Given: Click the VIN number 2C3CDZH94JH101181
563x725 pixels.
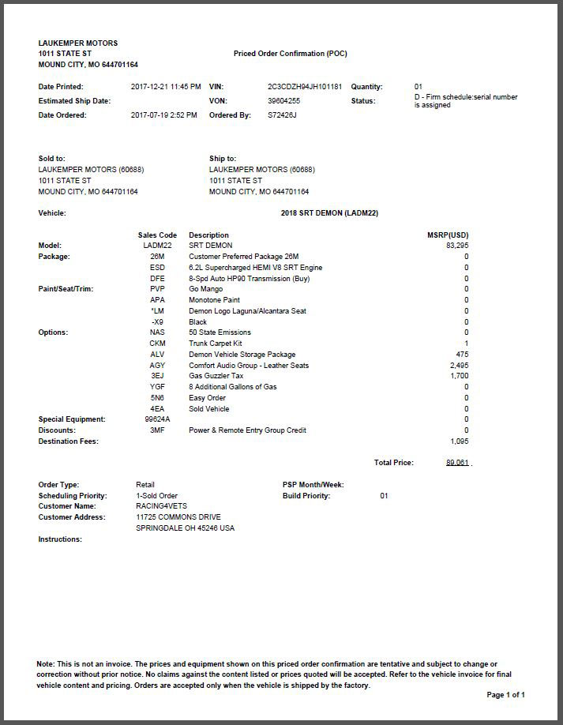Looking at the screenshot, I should click(305, 87).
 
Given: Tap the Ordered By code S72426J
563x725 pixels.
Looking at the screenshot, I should click(283, 115).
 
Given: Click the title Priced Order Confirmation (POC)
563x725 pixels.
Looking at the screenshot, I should click(290, 54).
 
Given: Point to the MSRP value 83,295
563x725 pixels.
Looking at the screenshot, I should click(457, 246).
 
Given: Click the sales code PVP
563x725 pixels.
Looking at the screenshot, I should click(157, 289).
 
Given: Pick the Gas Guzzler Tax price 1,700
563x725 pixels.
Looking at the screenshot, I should click(460, 376).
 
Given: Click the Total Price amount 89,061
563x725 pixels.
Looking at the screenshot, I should click(457, 463).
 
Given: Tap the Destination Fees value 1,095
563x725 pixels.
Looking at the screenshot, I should click(460, 441).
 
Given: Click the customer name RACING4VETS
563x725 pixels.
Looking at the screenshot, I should click(162, 506).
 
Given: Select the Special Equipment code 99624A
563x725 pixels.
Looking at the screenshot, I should click(157, 419).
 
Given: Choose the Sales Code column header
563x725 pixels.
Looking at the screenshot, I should click(157, 235).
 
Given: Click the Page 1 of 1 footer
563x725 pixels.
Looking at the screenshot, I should click(505, 695).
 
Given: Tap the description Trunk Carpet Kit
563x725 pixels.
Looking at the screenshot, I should click(216, 344).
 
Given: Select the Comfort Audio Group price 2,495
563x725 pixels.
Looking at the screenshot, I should click(459, 366).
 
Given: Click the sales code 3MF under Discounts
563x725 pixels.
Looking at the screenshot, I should click(157, 430).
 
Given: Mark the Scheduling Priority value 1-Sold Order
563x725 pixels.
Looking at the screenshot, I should click(157, 496).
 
